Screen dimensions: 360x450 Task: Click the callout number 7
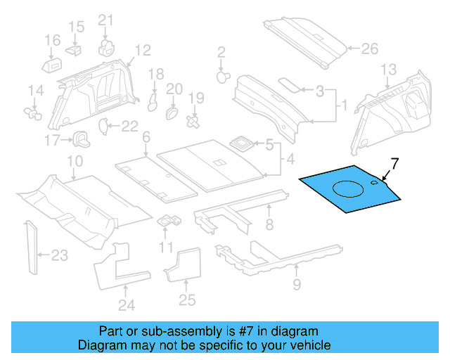394,165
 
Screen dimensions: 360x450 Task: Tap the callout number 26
370,49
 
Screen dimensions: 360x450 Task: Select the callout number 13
389,69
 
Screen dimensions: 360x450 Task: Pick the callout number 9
296,284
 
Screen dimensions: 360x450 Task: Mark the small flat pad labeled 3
288,83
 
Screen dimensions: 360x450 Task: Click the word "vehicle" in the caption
308,345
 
